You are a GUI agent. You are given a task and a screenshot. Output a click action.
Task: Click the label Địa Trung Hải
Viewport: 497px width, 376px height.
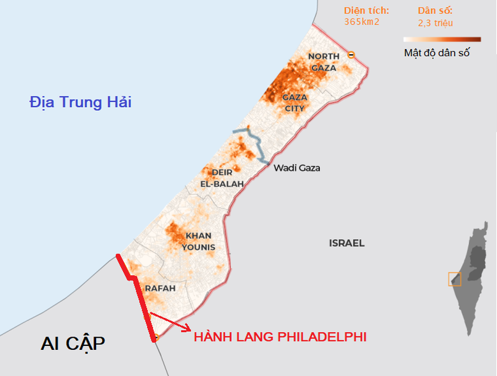pos(81,101)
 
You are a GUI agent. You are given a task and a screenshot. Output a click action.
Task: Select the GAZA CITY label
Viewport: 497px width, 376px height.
pos(294,103)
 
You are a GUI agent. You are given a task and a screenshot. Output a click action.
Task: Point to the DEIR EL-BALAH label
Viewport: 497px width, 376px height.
pos(222,178)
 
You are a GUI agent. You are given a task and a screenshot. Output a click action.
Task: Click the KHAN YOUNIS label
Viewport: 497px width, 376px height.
pos(198,242)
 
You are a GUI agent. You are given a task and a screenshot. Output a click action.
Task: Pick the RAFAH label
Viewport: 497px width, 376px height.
pos(159,288)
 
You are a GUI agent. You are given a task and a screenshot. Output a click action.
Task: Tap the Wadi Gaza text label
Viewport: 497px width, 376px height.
pos(296,168)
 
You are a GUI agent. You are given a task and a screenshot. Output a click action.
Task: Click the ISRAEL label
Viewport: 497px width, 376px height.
pos(347,243)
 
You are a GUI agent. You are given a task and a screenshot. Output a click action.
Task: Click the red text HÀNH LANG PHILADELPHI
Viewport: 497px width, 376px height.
pos(280,336)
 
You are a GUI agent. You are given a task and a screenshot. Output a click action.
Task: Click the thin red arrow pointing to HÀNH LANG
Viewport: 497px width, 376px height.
pos(169,321)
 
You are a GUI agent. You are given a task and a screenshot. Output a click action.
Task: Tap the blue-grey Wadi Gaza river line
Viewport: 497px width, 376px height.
pos(257,145)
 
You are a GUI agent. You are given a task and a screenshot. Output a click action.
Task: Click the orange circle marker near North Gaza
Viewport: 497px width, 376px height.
pos(350,55)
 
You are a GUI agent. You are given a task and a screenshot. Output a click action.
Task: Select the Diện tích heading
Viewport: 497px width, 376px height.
pos(366,11)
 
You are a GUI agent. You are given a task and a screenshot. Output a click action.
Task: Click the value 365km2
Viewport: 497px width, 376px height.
pos(362,22)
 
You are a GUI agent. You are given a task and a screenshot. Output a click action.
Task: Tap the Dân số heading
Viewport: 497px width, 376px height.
pos(435,11)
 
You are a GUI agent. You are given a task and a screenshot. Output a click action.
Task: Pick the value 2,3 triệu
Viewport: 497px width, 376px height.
pos(435,23)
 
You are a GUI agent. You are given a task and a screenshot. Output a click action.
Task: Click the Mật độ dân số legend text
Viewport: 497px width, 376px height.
pos(437,53)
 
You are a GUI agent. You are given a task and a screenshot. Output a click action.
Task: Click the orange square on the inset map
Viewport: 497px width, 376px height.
pos(454,279)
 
